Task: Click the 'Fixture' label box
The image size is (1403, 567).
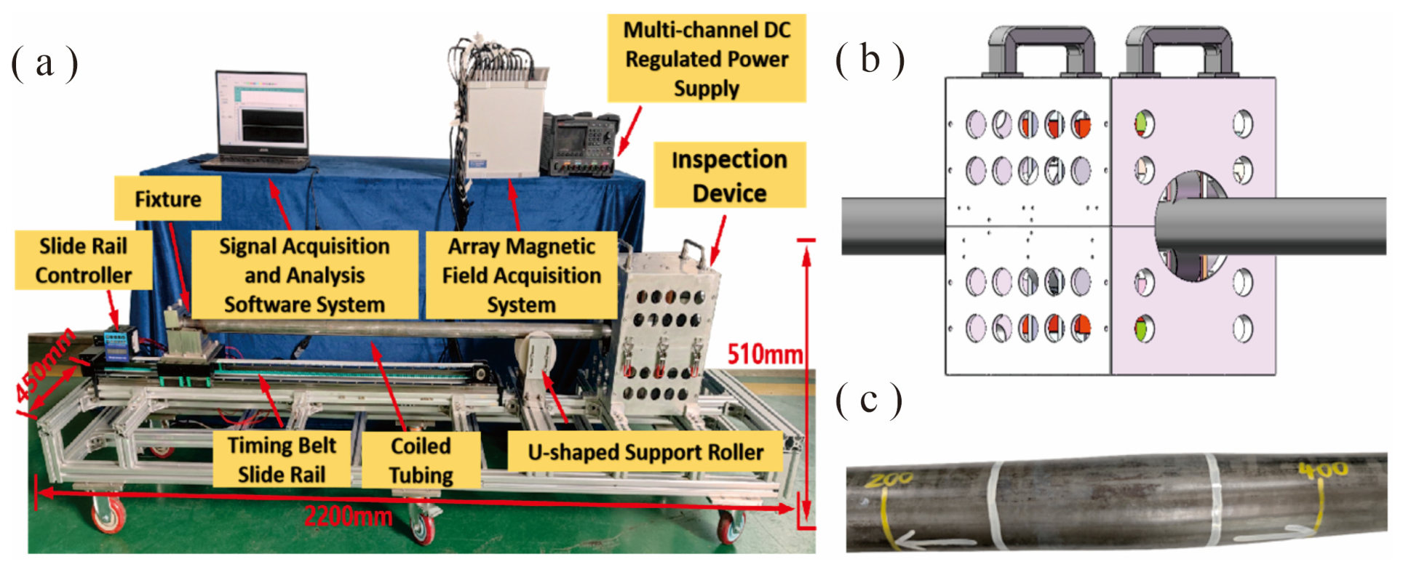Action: coord(167,198)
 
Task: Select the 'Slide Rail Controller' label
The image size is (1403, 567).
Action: coord(84,260)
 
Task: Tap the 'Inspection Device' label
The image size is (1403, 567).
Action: coord(729,175)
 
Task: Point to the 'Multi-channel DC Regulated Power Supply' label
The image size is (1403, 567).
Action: coord(707,58)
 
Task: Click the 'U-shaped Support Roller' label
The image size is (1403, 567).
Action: coord(645,452)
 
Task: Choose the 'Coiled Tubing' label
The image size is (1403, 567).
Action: coord(421,460)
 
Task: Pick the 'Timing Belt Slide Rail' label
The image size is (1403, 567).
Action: coord(282,459)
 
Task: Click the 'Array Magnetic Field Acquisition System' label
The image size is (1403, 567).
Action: coord(522,275)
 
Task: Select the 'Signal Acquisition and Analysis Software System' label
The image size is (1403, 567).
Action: coord(304,275)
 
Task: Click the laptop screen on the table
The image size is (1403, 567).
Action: coord(262,113)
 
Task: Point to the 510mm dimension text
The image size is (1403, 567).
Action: coord(765,354)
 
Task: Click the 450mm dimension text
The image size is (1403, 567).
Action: coord(45,363)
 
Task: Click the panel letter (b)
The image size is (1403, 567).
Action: coord(870,60)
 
